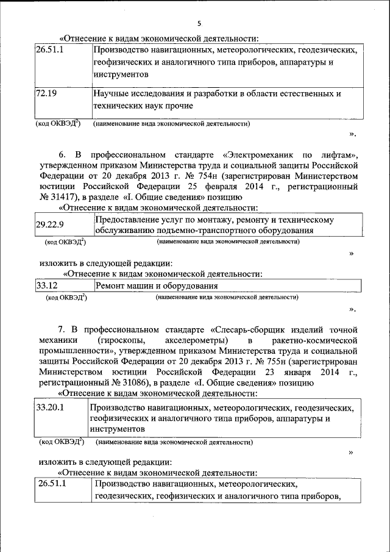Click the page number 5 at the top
click(199, 24)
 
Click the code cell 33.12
click(46, 285)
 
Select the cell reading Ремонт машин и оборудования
click(156, 285)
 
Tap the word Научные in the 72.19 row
click(112, 94)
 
